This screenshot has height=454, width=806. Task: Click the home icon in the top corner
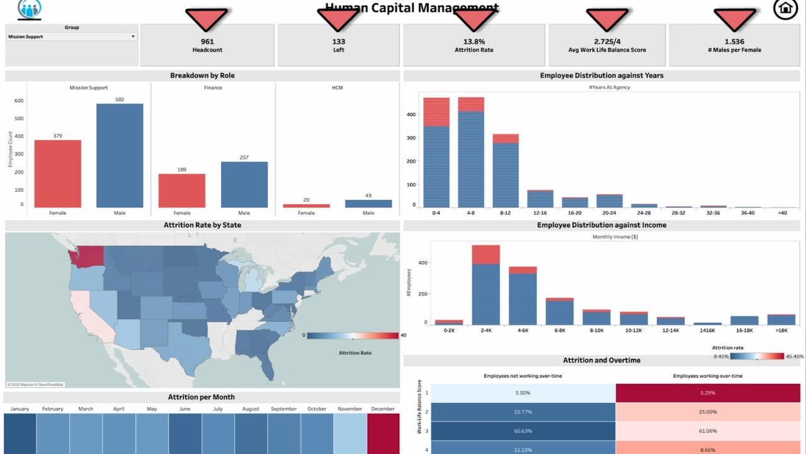[785, 9]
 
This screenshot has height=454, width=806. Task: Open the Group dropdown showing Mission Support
[72, 37]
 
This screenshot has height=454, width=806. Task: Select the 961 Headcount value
[207, 42]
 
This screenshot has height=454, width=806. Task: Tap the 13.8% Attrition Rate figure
[474, 42]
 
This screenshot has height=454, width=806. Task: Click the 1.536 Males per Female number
[734, 42]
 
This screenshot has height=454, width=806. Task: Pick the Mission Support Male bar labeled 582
[120, 156]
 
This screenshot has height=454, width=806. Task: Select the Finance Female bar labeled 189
[182, 190]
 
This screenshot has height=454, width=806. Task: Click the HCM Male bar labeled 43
[368, 204]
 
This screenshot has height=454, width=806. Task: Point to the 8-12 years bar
[506, 171]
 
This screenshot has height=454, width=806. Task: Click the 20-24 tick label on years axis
[609, 213]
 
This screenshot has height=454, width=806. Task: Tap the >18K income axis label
[781, 330]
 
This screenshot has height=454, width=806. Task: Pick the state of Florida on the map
[268, 366]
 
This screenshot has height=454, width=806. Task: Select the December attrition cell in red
[383, 433]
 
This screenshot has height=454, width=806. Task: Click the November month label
[349, 409]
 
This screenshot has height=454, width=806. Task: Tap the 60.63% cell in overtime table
[523, 431]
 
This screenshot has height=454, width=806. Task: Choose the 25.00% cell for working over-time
[707, 412]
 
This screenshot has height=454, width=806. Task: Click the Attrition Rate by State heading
[202, 225]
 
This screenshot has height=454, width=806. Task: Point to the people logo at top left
[30, 9]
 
